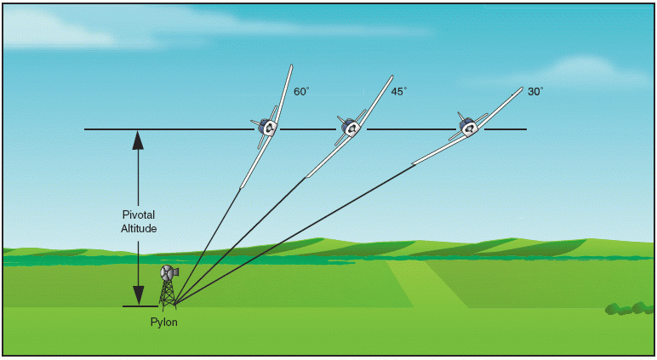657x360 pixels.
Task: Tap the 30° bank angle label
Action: [534, 91]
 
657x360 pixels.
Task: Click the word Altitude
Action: [139, 229]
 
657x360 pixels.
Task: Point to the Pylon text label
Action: [164, 323]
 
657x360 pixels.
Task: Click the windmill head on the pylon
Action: [169, 273]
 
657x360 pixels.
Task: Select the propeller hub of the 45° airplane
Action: [351, 129]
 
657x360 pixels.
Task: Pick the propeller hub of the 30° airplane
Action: [467, 129]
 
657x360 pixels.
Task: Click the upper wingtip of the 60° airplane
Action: [290, 66]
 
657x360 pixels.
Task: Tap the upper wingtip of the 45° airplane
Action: [391, 77]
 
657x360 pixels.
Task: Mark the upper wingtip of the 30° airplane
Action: [521, 88]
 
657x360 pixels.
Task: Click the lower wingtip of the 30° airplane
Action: [414, 163]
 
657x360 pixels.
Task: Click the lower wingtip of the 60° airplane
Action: [242, 186]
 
